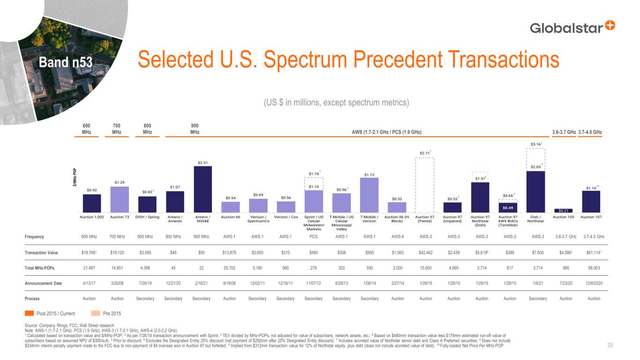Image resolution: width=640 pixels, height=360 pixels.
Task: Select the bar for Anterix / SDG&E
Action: tap(203, 189)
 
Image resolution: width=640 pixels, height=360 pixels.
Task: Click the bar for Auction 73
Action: tap(120, 199)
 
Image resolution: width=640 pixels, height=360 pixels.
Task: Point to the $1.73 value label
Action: tap(369, 175)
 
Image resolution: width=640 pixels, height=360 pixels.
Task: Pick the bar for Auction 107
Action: tap(591, 201)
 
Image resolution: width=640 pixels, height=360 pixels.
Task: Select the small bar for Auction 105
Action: tap(563, 210)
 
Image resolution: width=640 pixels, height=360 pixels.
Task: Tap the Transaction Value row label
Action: tap(41, 253)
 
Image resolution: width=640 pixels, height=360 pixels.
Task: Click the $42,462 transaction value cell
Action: tap(425, 253)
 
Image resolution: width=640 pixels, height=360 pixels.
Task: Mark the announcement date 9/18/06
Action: tap(230, 283)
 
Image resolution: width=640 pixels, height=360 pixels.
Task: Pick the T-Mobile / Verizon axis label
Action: tap(369, 218)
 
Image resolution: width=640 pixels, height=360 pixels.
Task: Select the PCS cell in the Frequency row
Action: tap(314, 237)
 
